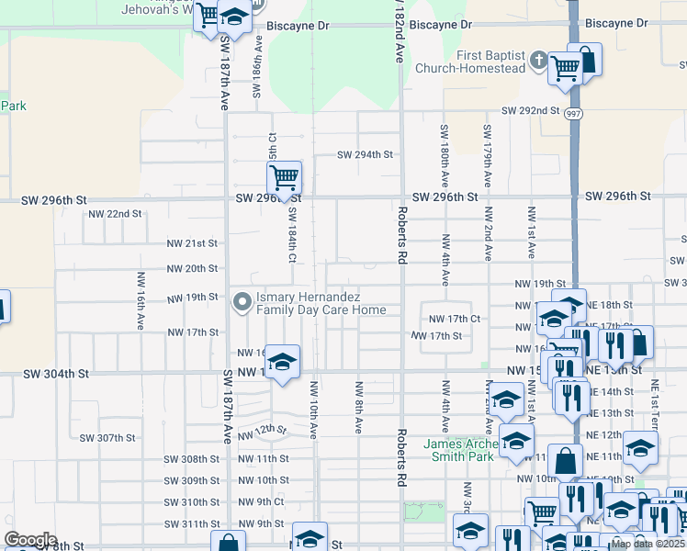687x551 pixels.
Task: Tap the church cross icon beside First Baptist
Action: click(x=537, y=62)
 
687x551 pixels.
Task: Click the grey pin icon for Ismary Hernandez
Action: click(x=243, y=301)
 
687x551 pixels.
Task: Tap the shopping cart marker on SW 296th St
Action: click(x=285, y=176)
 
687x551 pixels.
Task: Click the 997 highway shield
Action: click(x=573, y=114)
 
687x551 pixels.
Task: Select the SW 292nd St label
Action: click(x=530, y=110)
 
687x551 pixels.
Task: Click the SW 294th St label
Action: click(x=365, y=154)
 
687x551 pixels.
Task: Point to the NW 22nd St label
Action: click(x=115, y=214)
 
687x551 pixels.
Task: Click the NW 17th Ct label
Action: click(x=456, y=319)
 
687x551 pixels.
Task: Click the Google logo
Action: click(x=29, y=540)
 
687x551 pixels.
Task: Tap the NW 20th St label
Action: click(x=191, y=269)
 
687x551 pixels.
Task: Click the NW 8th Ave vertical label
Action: click(x=358, y=407)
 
